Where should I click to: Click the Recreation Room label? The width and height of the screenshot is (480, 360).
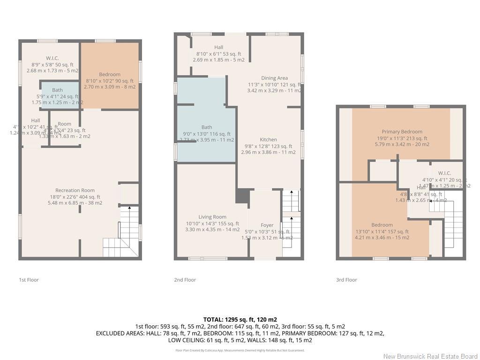pos(75,190)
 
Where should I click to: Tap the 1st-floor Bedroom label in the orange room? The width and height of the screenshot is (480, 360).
pos(110,74)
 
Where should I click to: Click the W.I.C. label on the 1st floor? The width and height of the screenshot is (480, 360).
pos(52,58)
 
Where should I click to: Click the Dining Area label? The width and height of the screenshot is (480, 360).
pos(274,78)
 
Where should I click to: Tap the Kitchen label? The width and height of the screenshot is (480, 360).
pos(268,140)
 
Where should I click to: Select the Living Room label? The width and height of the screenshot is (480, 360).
pos(212,217)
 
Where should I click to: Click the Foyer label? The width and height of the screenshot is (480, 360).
pos(267,225)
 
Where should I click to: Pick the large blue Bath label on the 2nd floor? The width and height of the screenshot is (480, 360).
pos(206,127)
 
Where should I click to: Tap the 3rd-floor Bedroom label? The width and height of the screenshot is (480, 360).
pos(382,225)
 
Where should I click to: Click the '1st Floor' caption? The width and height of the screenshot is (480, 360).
pos(29,280)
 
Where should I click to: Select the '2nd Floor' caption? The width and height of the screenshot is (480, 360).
pos(185,280)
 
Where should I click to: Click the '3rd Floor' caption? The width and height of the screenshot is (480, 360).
pos(346,280)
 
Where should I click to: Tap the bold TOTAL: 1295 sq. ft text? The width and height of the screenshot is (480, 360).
pos(240,319)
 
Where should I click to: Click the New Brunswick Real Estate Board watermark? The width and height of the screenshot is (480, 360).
pos(430,356)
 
